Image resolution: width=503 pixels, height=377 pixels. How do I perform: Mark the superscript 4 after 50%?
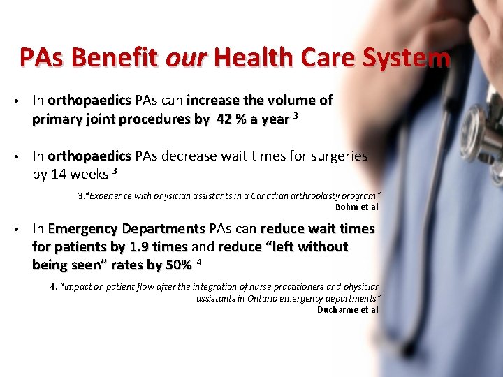click(199, 263)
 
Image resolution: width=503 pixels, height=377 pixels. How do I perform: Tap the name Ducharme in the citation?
click(337, 309)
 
